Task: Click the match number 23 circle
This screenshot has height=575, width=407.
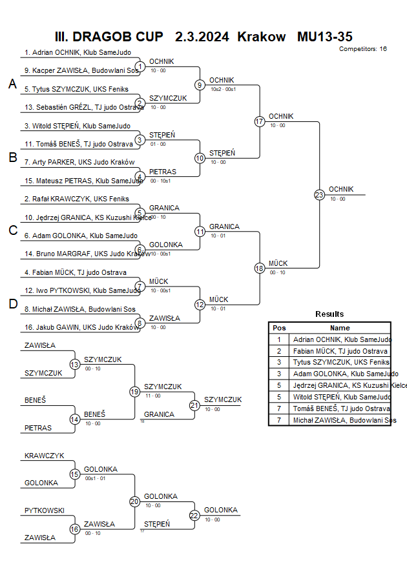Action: pyautogui.click(x=319, y=194)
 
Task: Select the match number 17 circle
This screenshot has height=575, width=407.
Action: pyautogui.click(x=260, y=121)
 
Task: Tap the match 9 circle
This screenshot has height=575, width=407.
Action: pyautogui.click(x=200, y=85)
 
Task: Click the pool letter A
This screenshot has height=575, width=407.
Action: pyautogui.click(x=12, y=84)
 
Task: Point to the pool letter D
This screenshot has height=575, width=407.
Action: pyautogui.click(x=12, y=304)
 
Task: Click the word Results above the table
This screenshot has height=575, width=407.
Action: pyautogui.click(x=329, y=314)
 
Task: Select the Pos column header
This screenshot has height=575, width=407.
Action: pyautogui.click(x=279, y=328)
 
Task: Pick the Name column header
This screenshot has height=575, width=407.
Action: pyautogui.click(x=340, y=328)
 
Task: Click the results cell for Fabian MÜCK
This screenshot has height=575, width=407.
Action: pyautogui.click(x=340, y=350)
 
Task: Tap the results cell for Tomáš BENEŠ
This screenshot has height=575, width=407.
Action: pyautogui.click(x=340, y=409)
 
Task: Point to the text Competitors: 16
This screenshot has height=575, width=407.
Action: pyautogui.click(x=362, y=49)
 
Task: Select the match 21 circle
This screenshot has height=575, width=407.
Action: pyautogui.click(x=194, y=405)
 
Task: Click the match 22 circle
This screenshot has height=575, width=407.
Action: pyautogui.click(x=194, y=515)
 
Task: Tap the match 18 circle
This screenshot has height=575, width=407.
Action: pyautogui.click(x=260, y=268)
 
